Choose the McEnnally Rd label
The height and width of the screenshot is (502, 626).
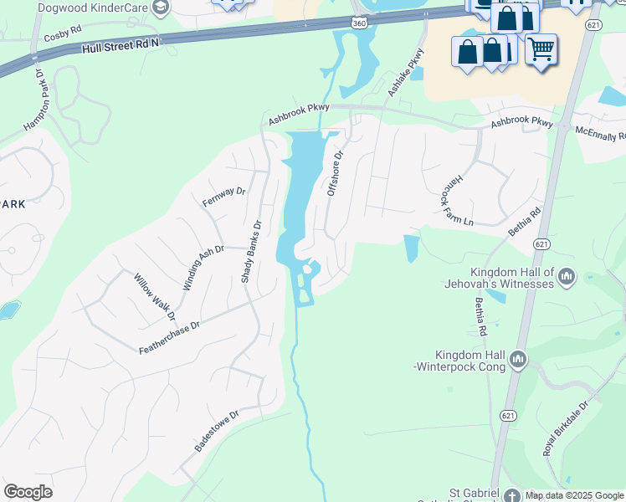coord(600,134)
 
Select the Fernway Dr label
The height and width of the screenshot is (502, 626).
coord(223,197)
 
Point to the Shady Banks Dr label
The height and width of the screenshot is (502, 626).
coord(252,250)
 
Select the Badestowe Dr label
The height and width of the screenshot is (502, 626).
coord(217,431)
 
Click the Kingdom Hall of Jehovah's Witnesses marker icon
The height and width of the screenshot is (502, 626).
coord(567,276)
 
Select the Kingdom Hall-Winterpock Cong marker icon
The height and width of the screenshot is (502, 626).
coord(518,360)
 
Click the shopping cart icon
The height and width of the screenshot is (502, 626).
coord(541,51)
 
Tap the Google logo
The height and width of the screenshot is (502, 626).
coord(28,492)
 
